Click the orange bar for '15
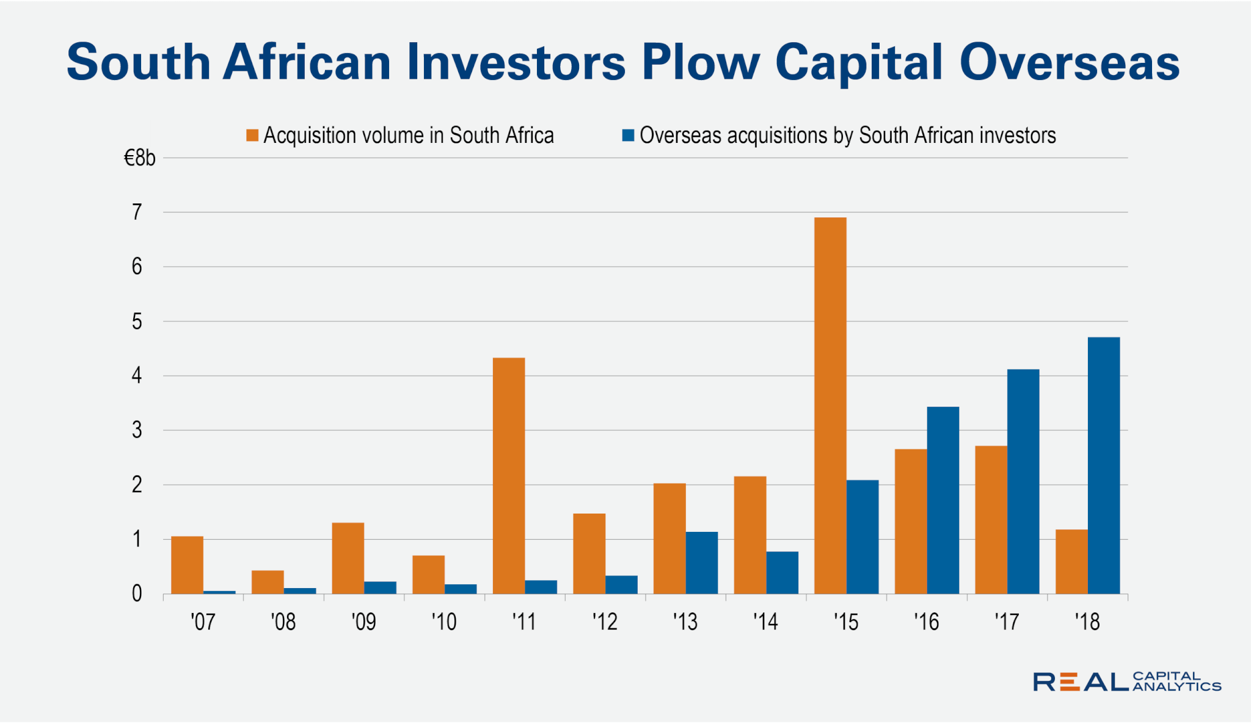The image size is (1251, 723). coord(830,405)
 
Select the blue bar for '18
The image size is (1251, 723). coord(1104,465)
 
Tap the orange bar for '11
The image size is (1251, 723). coord(509,476)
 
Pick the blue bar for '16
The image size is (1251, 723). coord(943,500)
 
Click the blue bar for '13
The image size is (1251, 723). coord(701,562)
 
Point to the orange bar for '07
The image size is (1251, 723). coord(187,565)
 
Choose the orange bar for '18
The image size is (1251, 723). coord(1071,561)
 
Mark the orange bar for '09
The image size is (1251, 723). coord(348,558)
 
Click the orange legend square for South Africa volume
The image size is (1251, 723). coord(252,135)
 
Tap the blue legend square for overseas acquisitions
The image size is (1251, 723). coord(628,135)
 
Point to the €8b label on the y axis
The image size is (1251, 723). coord(140,159)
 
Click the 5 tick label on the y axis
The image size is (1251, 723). coord(137,322)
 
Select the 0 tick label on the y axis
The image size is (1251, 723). coord(137,594)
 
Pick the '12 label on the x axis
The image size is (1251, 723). coord(605,622)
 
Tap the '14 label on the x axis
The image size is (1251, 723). coord(765,622)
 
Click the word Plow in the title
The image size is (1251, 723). coord(700,63)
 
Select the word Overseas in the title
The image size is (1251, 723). coord(1069,63)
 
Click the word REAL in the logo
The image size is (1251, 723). coord(1080,682)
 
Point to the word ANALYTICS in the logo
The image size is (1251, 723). coord(1176,687)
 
